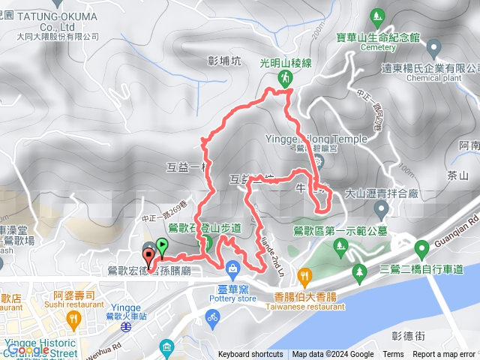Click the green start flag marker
coord(162,246)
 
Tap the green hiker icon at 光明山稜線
coord(285,78)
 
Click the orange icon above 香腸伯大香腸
coord(304,277)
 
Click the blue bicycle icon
coord(212,317)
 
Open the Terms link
coord(393,355)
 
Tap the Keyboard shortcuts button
coord(250,355)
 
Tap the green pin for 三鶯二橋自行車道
coord(359,271)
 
